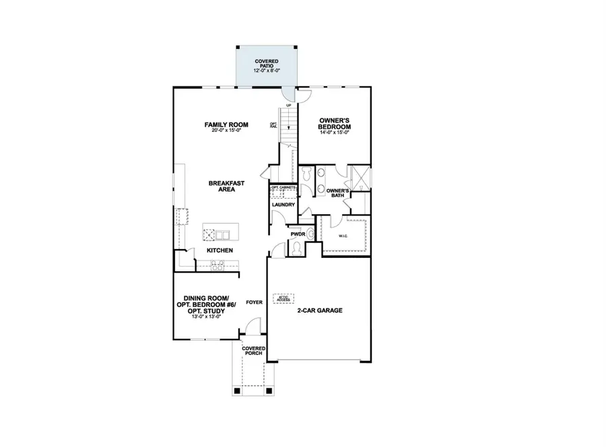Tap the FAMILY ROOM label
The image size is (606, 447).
(227, 125)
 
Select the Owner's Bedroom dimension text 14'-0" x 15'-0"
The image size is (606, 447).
(334, 133)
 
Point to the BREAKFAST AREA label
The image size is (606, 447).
(226, 186)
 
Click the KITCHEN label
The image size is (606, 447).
(220, 250)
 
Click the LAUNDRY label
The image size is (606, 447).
(283, 205)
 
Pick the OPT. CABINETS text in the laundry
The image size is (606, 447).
(283, 187)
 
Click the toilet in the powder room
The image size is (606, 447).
(296, 249)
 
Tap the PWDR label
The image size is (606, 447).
(298, 234)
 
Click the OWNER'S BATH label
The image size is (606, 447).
(337, 194)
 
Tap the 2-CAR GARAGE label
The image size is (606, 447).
(321, 310)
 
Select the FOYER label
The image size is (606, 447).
(254, 302)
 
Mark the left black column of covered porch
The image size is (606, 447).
(236, 390)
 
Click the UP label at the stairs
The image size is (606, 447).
(288, 106)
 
